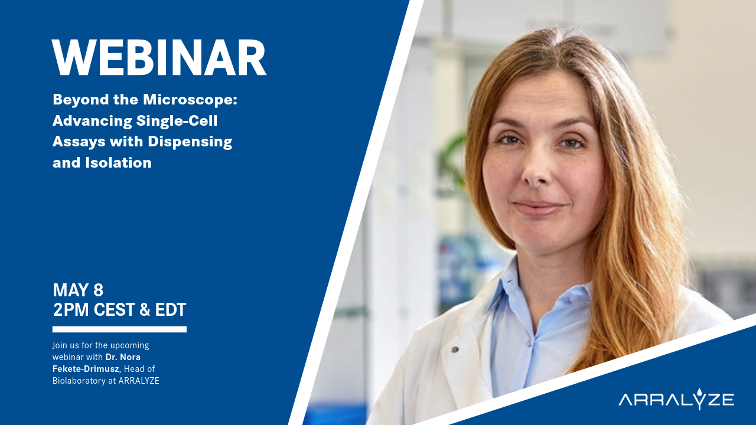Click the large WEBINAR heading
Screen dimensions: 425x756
(x=159, y=58)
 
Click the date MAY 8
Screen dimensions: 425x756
(x=78, y=290)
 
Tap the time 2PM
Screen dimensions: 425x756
(x=70, y=309)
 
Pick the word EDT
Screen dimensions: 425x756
(x=170, y=309)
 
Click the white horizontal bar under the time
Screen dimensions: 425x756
(x=119, y=329)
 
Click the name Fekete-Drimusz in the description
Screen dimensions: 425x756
(x=85, y=369)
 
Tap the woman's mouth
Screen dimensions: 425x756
(x=537, y=207)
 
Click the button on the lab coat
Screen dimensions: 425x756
(x=455, y=349)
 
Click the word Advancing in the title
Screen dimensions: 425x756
(x=91, y=120)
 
